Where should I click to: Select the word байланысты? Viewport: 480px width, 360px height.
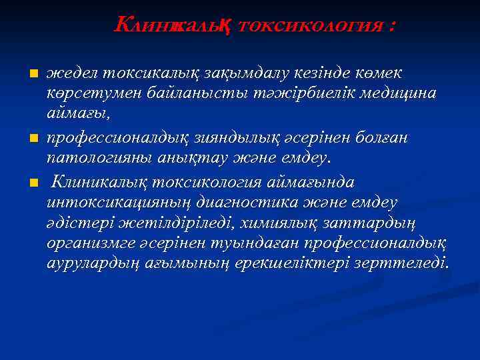(x=185, y=94)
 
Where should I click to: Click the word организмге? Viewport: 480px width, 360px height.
(x=89, y=245)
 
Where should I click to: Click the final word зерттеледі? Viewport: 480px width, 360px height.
(x=405, y=265)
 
